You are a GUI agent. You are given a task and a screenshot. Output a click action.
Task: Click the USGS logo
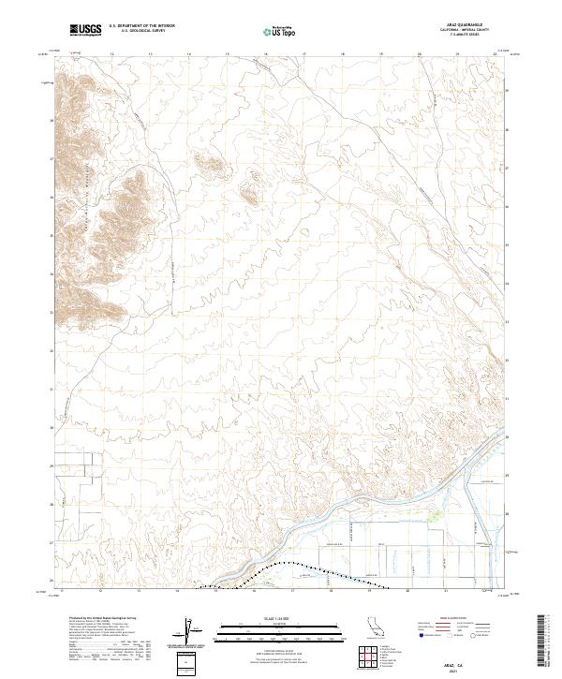[86, 31]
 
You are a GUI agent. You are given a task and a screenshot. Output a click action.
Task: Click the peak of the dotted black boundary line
[292, 563]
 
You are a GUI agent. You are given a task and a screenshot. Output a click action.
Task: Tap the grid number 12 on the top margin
[112, 54]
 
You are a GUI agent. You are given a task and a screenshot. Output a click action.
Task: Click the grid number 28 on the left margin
[52, 504]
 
